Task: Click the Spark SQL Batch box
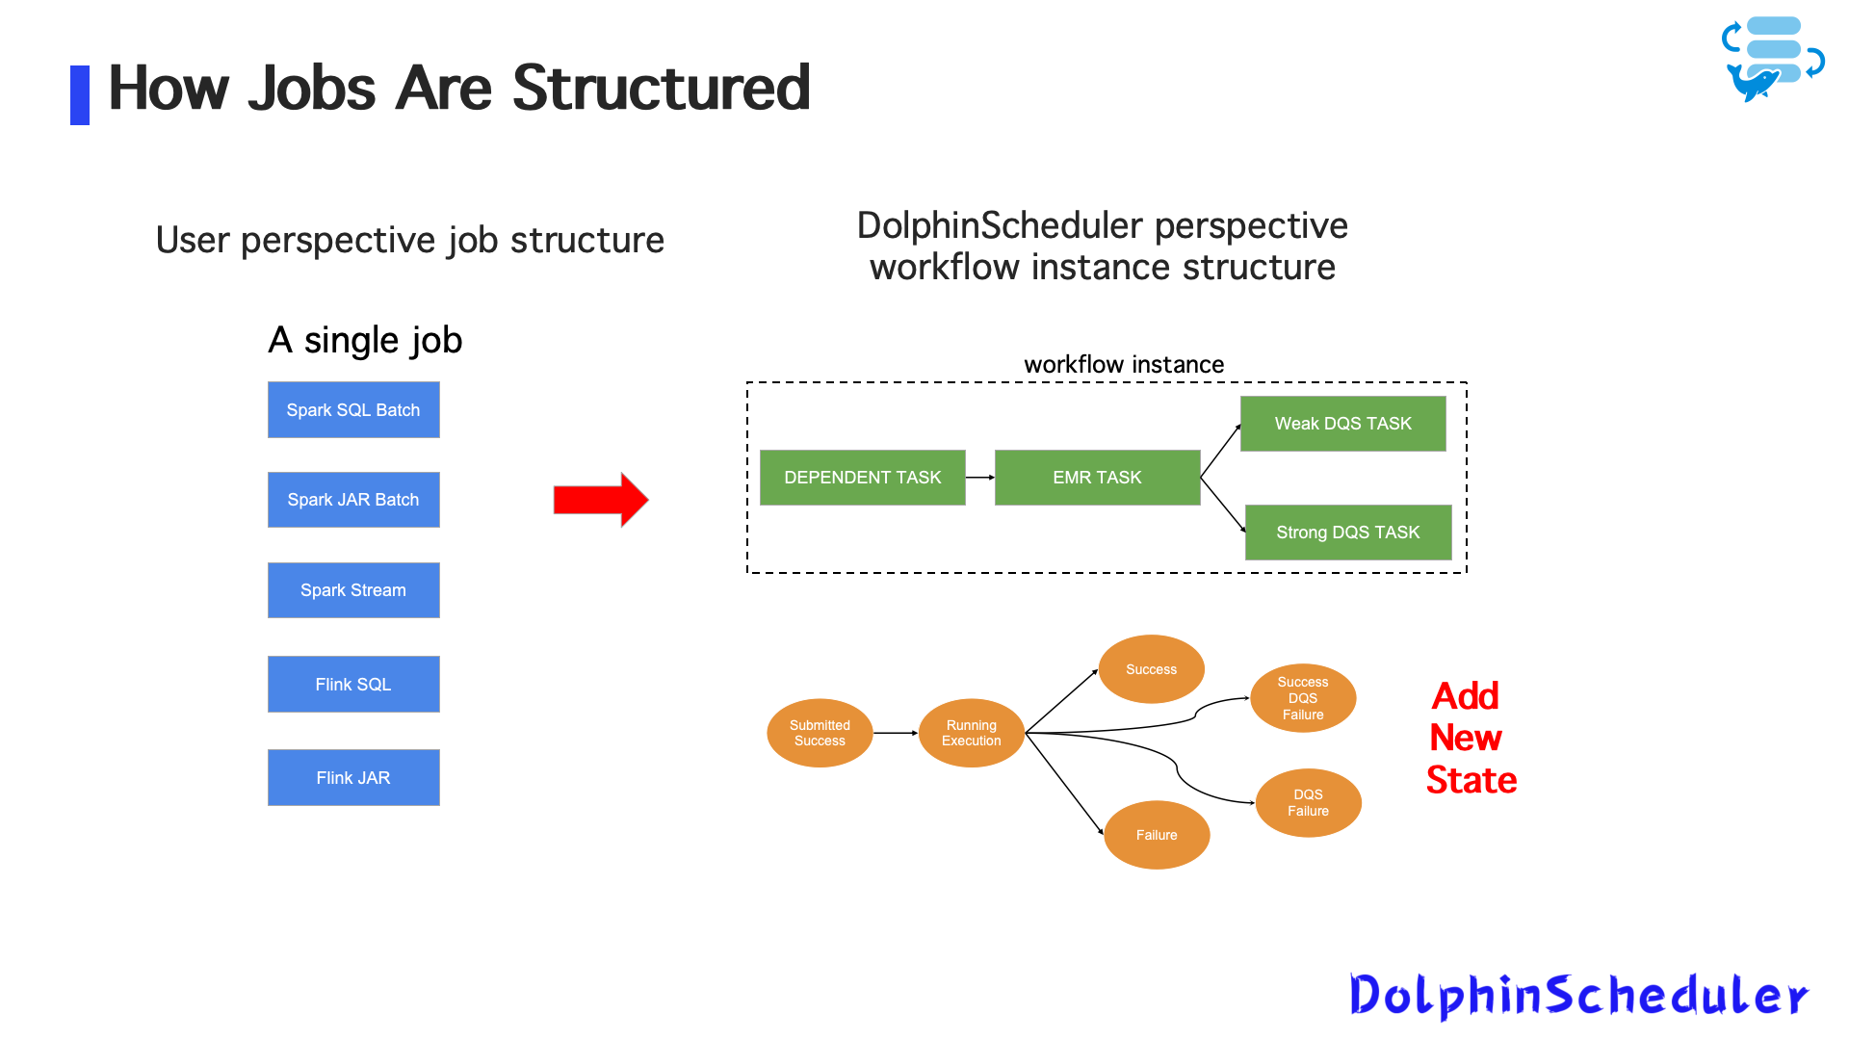pyautogui.click(x=353, y=410)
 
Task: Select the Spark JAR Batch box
pyautogui.click(x=353, y=500)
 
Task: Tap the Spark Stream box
pyautogui.click(x=353, y=590)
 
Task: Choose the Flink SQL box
pyautogui.click(x=353, y=685)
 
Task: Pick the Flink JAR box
pyautogui.click(x=353, y=778)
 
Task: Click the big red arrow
pyautogui.click(x=600, y=500)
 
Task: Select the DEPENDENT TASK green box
pyautogui.click(x=862, y=478)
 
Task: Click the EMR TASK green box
pyautogui.click(x=1097, y=478)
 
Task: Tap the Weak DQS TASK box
pyautogui.click(x=1342, y=424)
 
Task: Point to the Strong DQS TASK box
pyautogui.click(x=1347, y=533)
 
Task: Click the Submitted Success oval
pyautogui.click(x=820, y=733)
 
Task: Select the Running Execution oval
pyautogui.click(x=971, y=733)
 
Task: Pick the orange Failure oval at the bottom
pyautogui.click(x=1156, y=835)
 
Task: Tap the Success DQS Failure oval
pyautogui.click(x=1302, y=698)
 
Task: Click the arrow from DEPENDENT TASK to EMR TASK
pyautogui.click(x=979, y=478)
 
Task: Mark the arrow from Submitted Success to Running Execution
pyautogui.click(x=896, y=733)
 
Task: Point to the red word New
pyautogui.click(x=1466, y=738)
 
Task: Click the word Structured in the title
pyautogui.click(x=661, y=89)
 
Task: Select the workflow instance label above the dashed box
pyautogui.click(x=1124, y=365)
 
